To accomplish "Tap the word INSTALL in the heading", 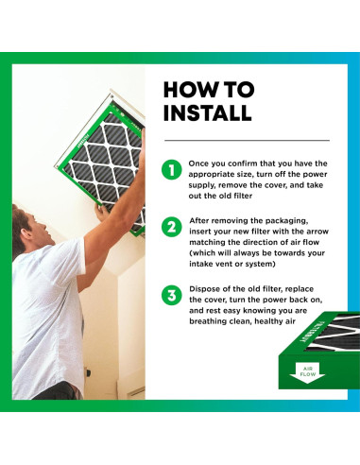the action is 208,112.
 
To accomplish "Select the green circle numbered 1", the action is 172,170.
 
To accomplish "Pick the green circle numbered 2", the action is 172,227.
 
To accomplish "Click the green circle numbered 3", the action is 172,296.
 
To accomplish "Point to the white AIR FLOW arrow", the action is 307,373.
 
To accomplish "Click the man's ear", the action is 27,234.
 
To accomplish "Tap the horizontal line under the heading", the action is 247,140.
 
